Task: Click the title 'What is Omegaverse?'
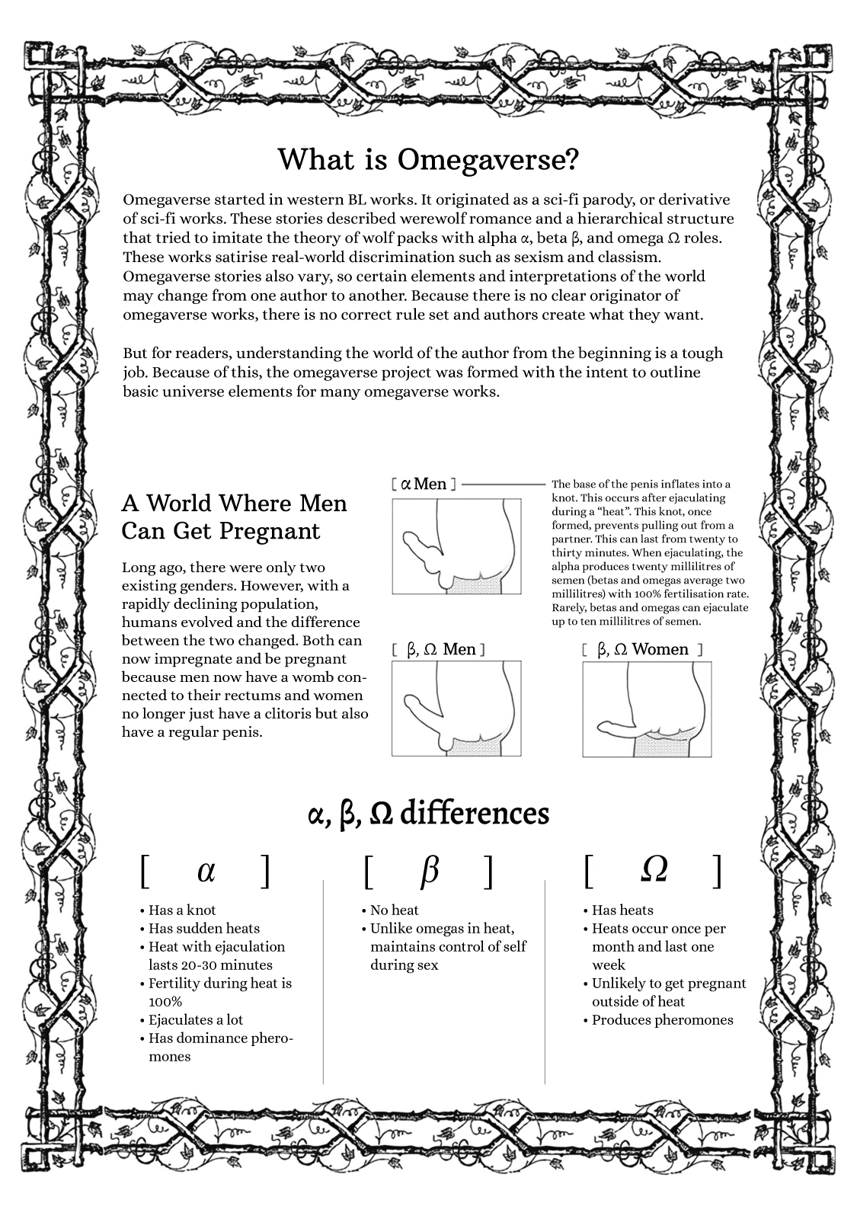[x=428, y=159]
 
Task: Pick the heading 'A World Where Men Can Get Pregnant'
[x=234, y=517]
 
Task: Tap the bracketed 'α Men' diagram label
[x=424, y=484]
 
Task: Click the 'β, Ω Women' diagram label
[x=642, y=649]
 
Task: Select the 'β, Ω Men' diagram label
[x=438, y=649]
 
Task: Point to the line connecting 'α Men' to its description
[x=504, y=484]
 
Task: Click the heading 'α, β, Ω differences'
[x=428, y=814]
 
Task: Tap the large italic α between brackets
[x=206, y=870]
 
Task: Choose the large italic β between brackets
[x=430, y=870]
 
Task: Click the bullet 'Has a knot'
[x=182, y=910]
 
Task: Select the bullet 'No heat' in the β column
[x=394, y=910]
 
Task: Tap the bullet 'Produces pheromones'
[x=662, y=1019]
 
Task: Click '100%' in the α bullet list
[x=165, y=1001]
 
